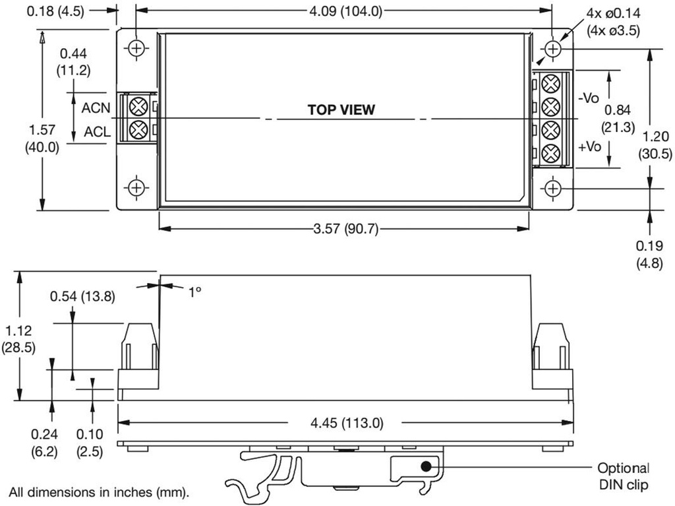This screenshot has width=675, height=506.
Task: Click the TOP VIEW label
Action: coord(341,110)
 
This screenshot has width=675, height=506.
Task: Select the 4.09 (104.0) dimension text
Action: coord(343,11)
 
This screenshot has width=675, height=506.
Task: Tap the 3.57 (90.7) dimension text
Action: coord(343,229)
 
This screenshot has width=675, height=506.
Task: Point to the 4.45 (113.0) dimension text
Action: coord(343,422)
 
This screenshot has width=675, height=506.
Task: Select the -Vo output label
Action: coord(588,97)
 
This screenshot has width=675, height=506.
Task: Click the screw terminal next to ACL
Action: coord(138,129)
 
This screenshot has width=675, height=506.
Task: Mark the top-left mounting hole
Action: coord(136,48)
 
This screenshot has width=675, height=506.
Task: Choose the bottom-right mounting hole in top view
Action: coord(553,188)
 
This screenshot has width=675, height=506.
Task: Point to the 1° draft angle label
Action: coord(194,290)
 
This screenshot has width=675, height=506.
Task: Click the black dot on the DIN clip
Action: coord(426,466)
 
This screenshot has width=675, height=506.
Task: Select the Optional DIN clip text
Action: coord(622,476)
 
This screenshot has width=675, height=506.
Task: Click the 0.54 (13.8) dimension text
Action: coord(82,296)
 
